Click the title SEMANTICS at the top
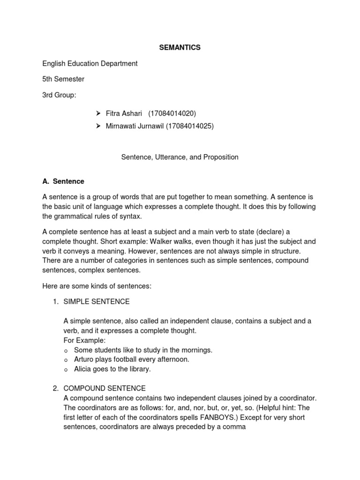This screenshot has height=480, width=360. pos(180,47)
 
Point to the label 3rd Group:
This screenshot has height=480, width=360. pos(59,95)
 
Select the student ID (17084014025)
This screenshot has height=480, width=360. pos(190,126)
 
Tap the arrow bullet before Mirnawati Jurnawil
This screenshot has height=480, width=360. pos(98,126)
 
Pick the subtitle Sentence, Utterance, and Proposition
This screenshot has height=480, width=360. pos(180,157)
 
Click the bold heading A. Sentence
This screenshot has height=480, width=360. pos(63,181)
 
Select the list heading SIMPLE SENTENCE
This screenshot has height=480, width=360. pos(97,301)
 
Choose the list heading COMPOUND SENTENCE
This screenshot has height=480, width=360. pos(105,389)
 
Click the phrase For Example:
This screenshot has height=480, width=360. pos(85,340)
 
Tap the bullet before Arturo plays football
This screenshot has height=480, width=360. pos(67,360)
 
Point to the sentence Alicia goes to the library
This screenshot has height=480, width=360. pos(112,369)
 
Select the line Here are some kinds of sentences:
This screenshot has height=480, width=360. pos(97,285)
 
